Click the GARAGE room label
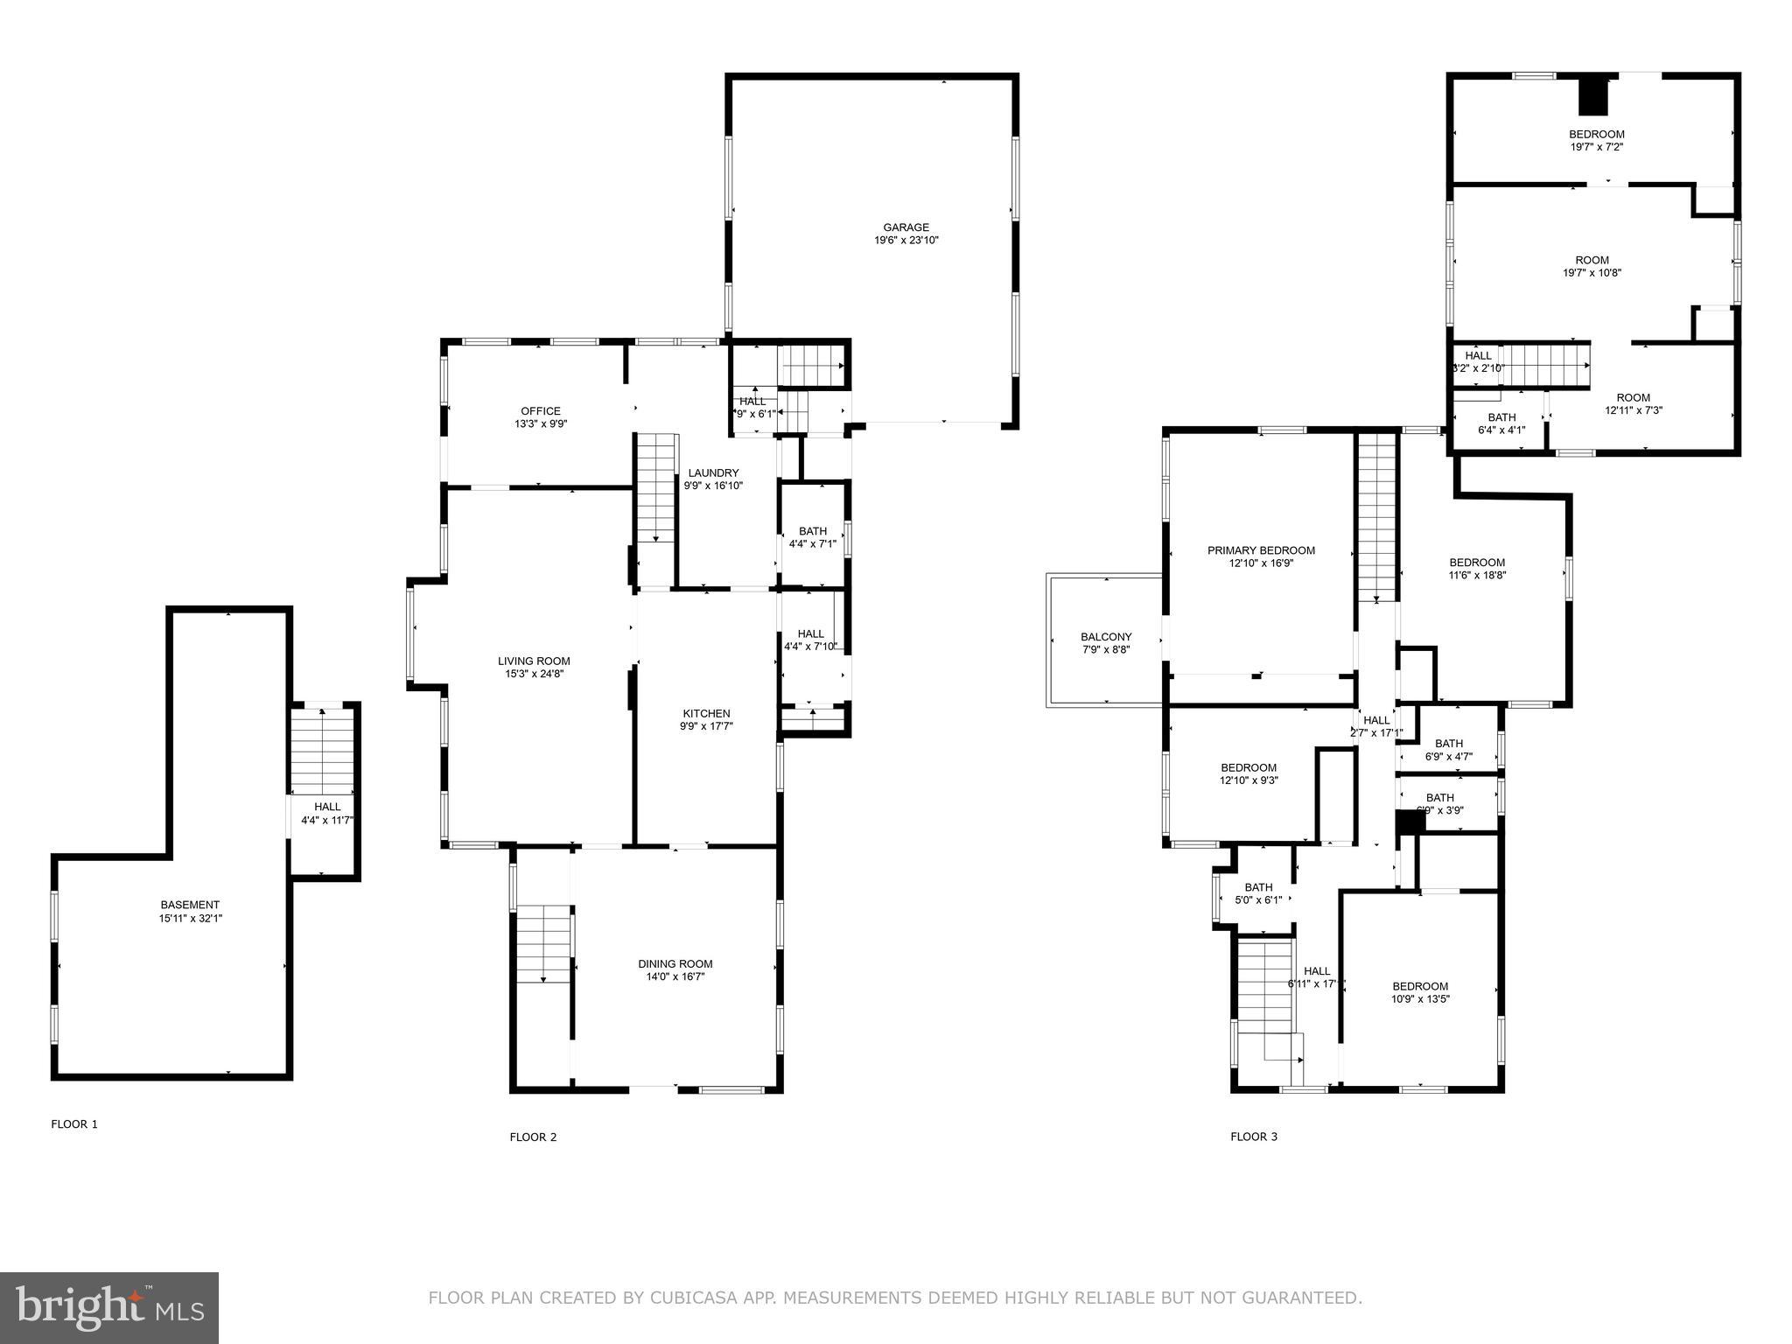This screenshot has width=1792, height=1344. (x=906, y=227)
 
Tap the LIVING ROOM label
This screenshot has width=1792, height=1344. (x=534, y=661)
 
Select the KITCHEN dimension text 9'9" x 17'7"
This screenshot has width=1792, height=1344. (x=705, y=726)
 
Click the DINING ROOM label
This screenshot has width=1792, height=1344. (x=675, y=964)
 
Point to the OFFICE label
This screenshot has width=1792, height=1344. (x=540, y=411)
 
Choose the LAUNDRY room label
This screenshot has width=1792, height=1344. (x=712, y=473)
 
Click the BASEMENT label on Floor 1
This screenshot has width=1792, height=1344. (x=190, y=905)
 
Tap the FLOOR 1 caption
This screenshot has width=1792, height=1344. (x=74, y=1124)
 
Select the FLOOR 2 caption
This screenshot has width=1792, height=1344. (x=533, y=1137)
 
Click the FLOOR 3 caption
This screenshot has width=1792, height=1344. (x=1254, y=1137)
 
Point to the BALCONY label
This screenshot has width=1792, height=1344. (x=1106, y=637)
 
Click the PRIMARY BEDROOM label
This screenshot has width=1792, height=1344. (x=1261, y=550)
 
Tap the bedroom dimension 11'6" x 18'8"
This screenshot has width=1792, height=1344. (x=1477, y=576)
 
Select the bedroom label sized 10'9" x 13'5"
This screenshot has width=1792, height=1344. (x=1420, y=986)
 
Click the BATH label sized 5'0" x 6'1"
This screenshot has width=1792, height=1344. (x=1258, y=887)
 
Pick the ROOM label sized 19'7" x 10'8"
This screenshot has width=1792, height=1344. (x=1592, y=260)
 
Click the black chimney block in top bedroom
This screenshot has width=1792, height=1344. (x=1593, y=96)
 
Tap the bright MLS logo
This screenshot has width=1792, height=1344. (x=109, y=1307)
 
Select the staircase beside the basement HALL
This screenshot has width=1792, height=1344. (x=323, y=751)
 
